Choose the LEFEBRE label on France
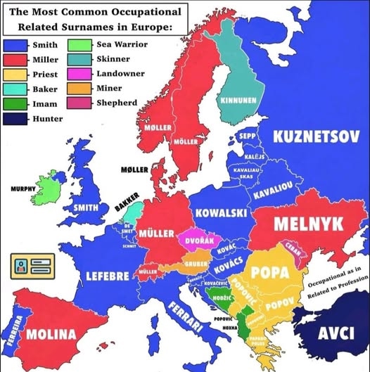pyautogui.click(x=107, y=275)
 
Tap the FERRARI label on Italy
pyautogui.click(x=186, y=316)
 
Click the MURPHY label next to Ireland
pyautogui.click(x=23, y=189)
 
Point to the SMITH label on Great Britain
pyautogui.click(x=86, y=207)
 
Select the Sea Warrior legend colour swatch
pyautogui.click(x=77, y=45)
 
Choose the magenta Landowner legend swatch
pyautogui.click(x=77, y=74)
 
